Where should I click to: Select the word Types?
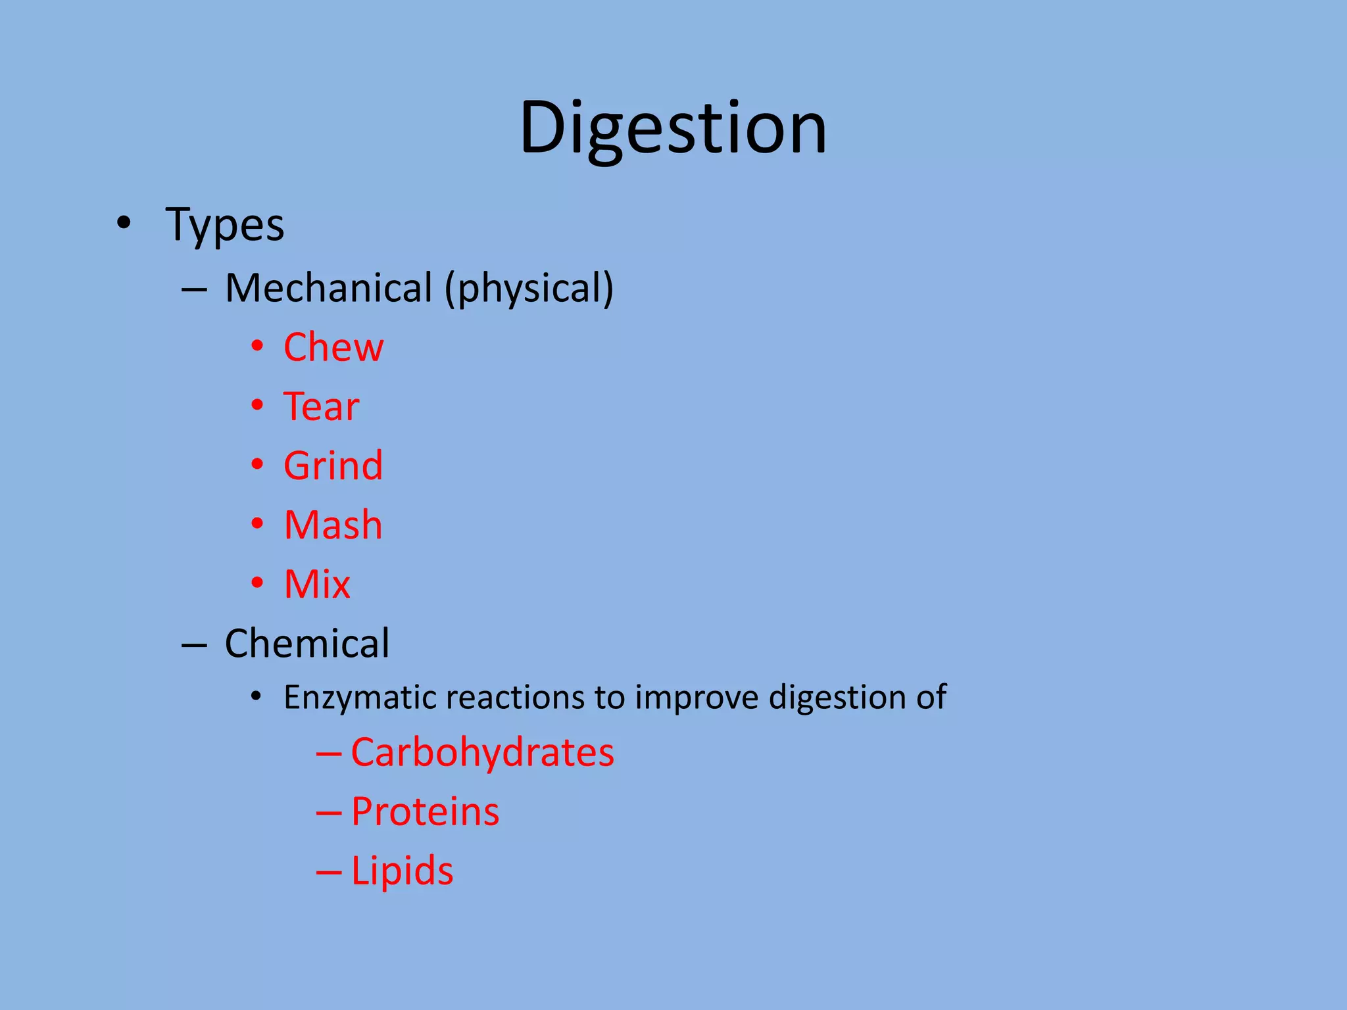[225, 225]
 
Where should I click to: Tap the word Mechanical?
[328, 288]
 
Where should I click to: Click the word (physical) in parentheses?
[529, 289]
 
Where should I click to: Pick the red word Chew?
[333, 347]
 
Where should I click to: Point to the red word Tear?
[321, 406]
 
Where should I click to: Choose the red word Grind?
[333, 466]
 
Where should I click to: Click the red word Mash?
[333, 525]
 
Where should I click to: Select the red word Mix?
[317, 584]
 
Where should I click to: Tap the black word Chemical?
[307, 643]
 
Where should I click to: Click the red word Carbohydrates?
[482, 752]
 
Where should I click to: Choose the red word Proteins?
[425, 811]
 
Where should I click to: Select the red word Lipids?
[402, 871]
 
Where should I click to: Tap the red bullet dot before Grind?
[257, 465]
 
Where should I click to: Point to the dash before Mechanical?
[194, 290]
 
